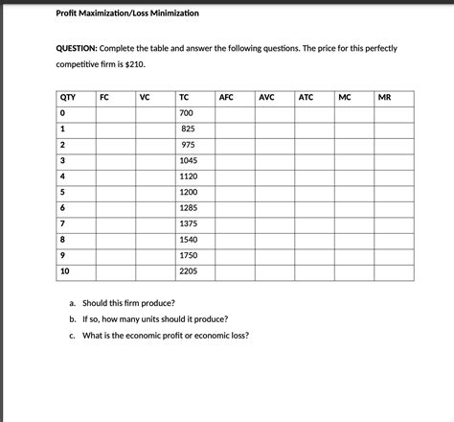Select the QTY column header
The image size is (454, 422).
(68, 98)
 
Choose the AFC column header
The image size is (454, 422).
(227, 98)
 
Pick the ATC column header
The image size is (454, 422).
(306, 98)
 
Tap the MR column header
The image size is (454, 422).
(385, 98)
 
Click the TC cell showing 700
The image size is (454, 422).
(186, 114)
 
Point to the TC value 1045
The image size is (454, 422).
(188, 161)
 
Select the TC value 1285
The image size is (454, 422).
(188, 208)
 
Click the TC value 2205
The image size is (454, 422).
(188, 271)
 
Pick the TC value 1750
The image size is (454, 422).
(188, 255)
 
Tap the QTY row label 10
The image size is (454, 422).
(65, 271)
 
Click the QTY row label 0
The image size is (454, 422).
(62, 114)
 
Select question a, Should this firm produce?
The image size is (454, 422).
(127, 302)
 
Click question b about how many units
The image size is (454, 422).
(154, 318)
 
